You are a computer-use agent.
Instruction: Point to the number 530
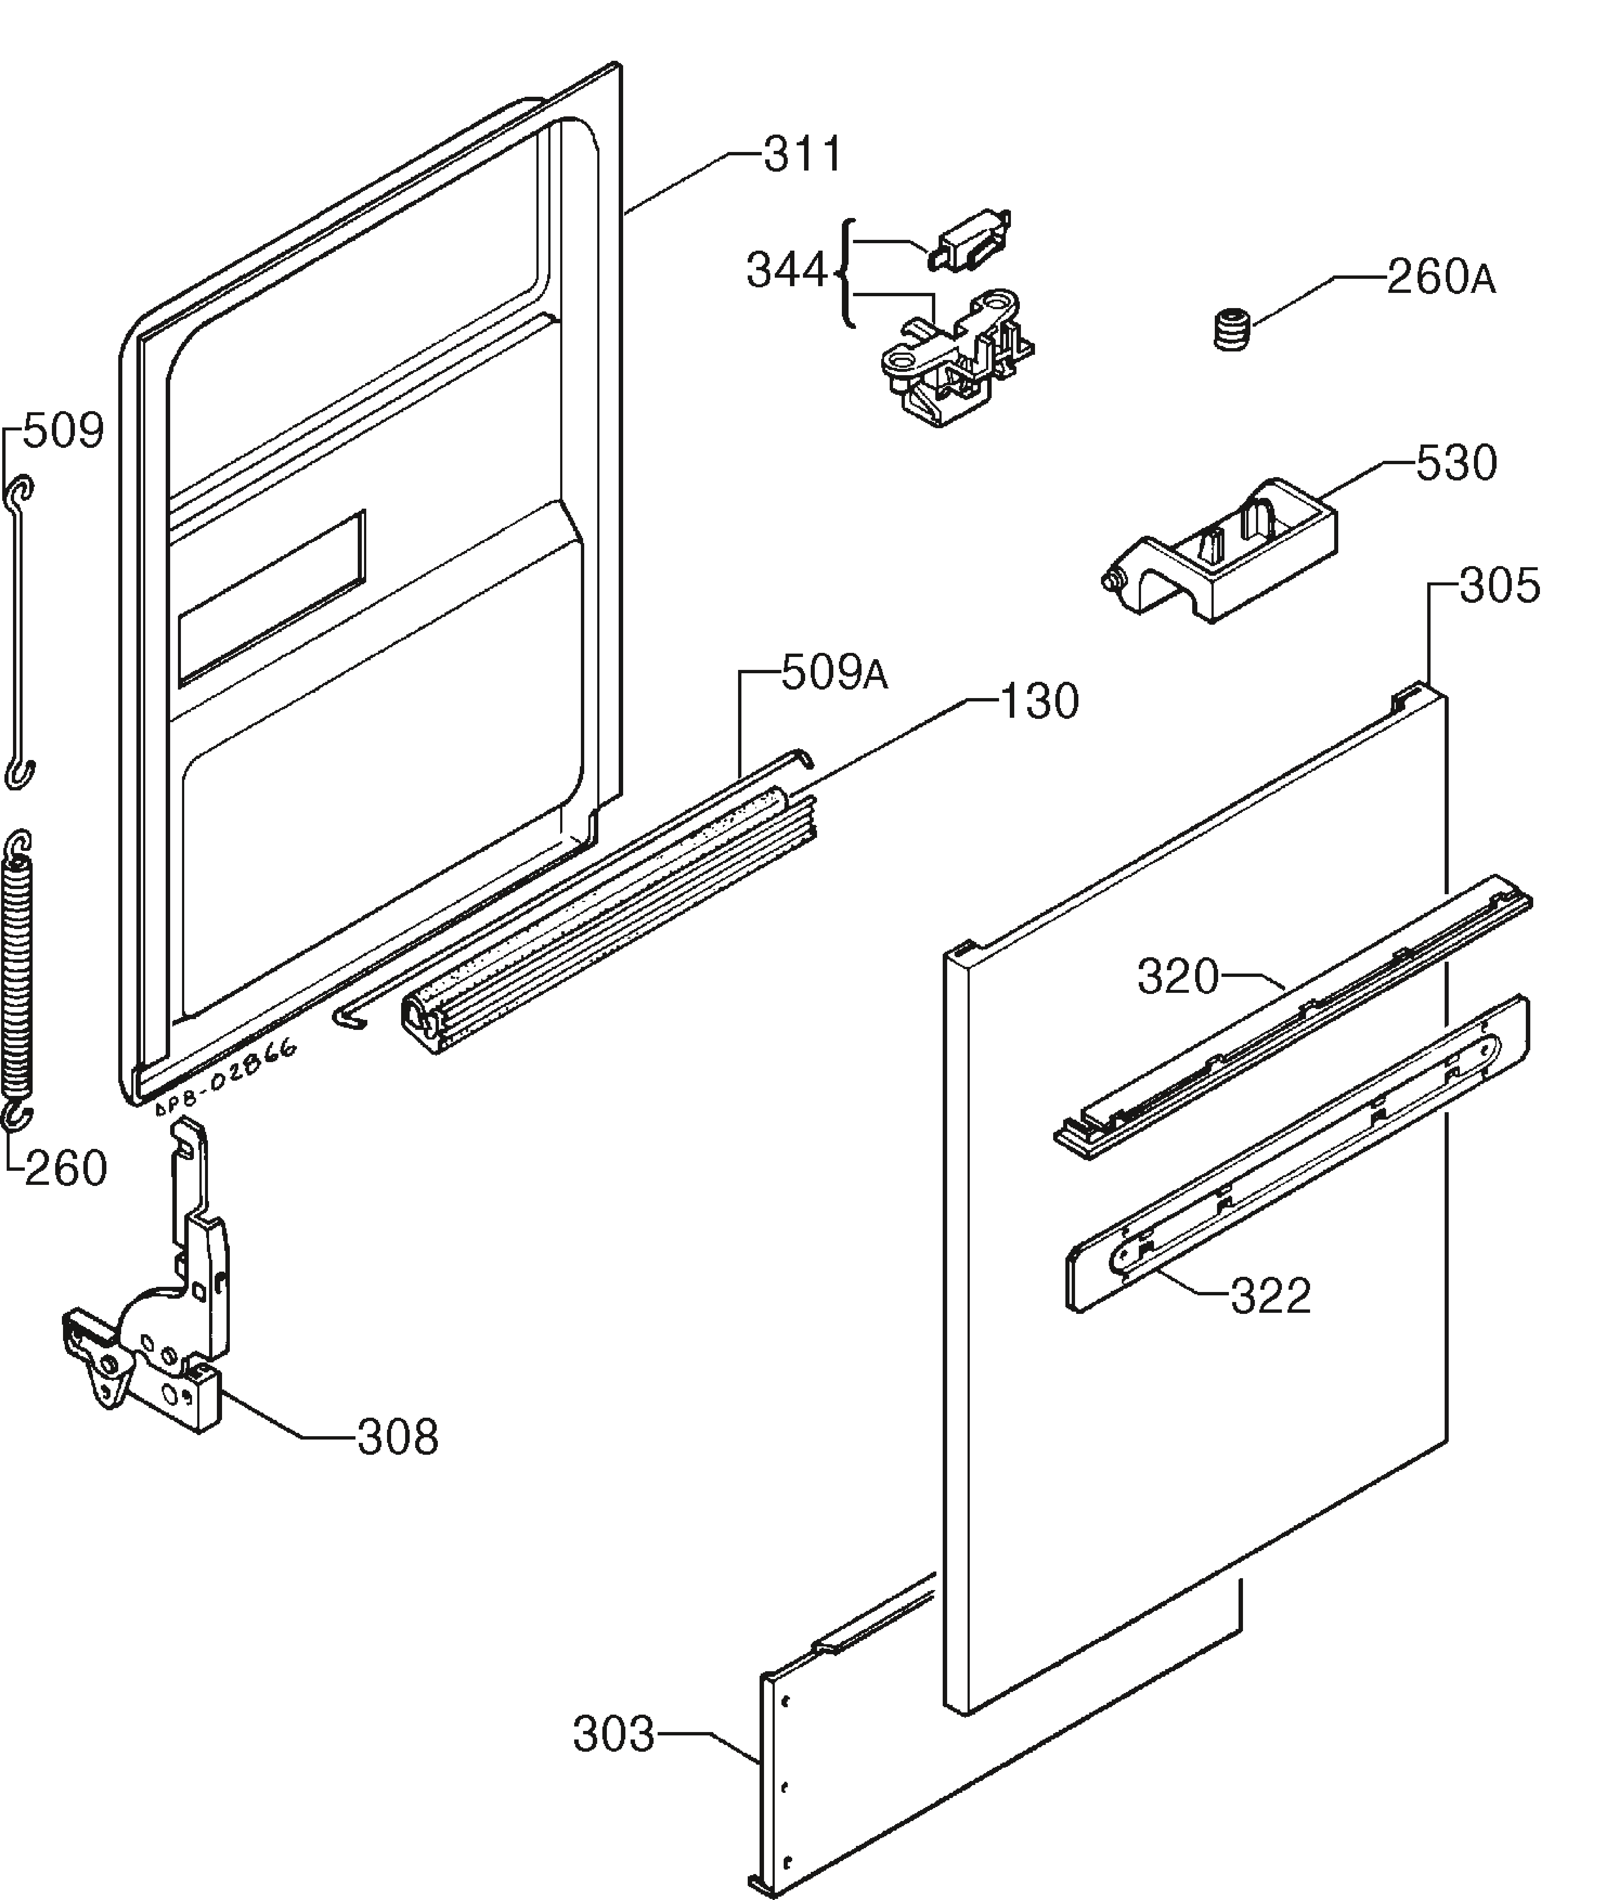[1456, 463]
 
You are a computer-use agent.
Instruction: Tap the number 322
[1270, 1296]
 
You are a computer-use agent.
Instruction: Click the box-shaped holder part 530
[1222, 552]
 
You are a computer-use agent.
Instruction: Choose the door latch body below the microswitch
[955, 357]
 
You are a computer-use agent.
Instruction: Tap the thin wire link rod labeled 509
[18, 634]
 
